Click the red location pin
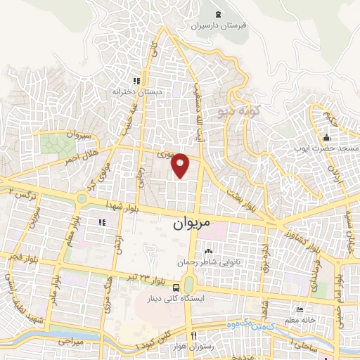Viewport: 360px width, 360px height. click(181, 165)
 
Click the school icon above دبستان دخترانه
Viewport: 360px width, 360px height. click(136, 80)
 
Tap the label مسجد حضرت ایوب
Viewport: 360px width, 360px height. click(328, 149)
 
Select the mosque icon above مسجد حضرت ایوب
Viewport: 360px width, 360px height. click(328, 137)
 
